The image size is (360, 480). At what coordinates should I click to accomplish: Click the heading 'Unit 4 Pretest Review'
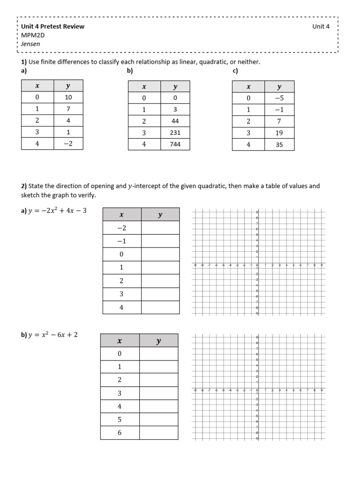(52, 26)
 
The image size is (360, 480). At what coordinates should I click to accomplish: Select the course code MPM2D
(32, 35)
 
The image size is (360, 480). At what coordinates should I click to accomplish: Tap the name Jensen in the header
(30, 44)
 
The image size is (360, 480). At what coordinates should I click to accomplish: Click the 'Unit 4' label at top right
(321, 26)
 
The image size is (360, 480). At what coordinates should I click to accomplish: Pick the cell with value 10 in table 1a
(68, 97)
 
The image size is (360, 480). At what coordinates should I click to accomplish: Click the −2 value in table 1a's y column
(68, 144)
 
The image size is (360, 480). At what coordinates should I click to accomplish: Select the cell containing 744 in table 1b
(175, 144)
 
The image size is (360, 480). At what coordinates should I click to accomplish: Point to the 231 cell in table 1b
(175, 133)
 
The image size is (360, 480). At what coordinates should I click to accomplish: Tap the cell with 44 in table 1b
(175, 121)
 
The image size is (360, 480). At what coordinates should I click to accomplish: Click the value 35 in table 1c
(279, 145)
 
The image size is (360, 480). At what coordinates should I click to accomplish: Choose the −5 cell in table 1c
(279, 98)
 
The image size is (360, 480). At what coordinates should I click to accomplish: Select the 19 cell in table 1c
(279, 133)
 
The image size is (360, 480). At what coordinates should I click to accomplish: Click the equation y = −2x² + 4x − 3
(57, 211)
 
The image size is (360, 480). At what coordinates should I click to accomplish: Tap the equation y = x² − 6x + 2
(52, 335)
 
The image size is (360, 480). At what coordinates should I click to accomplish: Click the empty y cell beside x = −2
(160, 228)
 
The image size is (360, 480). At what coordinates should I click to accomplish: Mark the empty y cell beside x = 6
(158, 433)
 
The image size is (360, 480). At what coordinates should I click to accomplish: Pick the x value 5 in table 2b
(120, 420)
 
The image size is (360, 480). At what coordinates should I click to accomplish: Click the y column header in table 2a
(160, 215)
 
